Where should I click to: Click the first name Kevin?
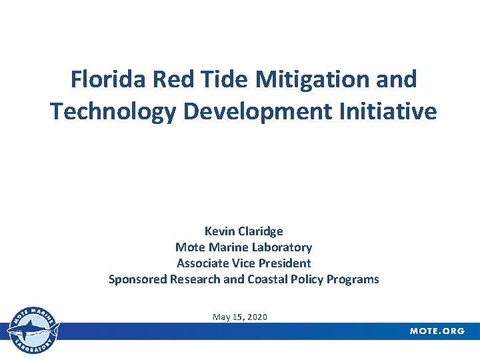tap(219, 231)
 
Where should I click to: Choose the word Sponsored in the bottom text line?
tap(137, 279)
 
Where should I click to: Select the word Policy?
tap(307, 279)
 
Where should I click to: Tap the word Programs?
tap(353, 279)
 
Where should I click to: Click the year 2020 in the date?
tap(256, 317)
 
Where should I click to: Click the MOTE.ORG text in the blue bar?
tap(437, 331)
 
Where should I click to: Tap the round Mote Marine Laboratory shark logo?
tap(32, 330)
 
